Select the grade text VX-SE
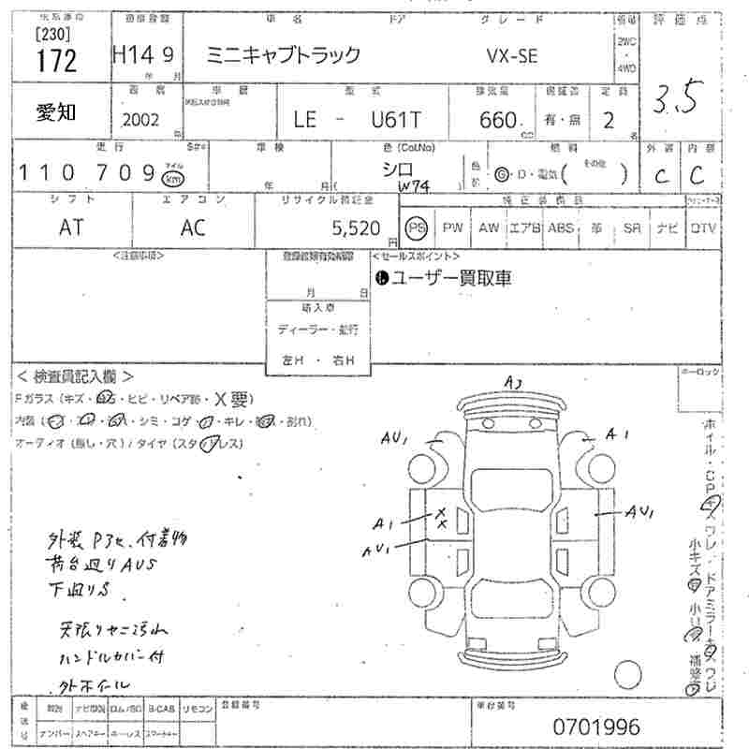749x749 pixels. point(511,55)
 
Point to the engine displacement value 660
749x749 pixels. point(497,120)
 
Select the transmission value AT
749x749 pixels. point(71,227)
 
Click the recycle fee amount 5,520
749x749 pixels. point(357,227)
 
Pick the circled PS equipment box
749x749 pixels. point(416,227)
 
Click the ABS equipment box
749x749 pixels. point(561,227)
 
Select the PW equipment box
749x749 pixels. point(453,227)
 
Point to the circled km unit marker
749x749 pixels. point(172,178)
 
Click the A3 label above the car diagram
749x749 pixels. point(513,381)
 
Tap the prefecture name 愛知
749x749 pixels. point(57,112)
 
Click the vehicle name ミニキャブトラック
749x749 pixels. point(282,55)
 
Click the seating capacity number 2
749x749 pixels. point(608,120)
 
